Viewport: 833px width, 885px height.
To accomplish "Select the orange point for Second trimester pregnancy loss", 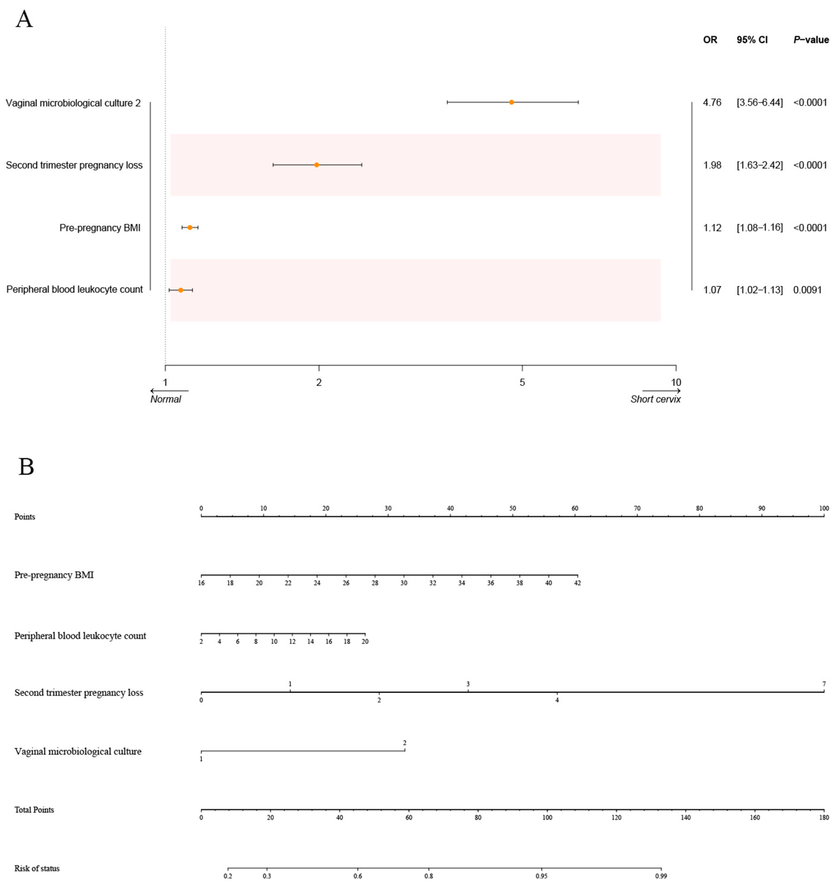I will [x=316, y=165].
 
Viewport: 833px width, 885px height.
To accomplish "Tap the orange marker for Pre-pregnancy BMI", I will [x=190, y=227].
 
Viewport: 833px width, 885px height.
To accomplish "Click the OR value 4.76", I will [x=712, y=103].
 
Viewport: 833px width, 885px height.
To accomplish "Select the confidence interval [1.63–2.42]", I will [x=759, y=165].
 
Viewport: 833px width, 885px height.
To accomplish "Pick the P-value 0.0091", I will [x=807, y=290].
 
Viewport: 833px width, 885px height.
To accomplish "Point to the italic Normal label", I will [x=166, y=399].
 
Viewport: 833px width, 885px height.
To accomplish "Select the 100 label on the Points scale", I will [x=824, y=508].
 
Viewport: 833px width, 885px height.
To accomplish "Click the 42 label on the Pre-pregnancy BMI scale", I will [x=577, y=583].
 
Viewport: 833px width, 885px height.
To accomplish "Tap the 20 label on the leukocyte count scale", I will [x=365, y=642].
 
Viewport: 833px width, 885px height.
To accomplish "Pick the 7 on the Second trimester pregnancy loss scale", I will [x=824, y=684].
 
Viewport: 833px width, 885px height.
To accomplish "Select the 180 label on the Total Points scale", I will [x=824, y=818].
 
